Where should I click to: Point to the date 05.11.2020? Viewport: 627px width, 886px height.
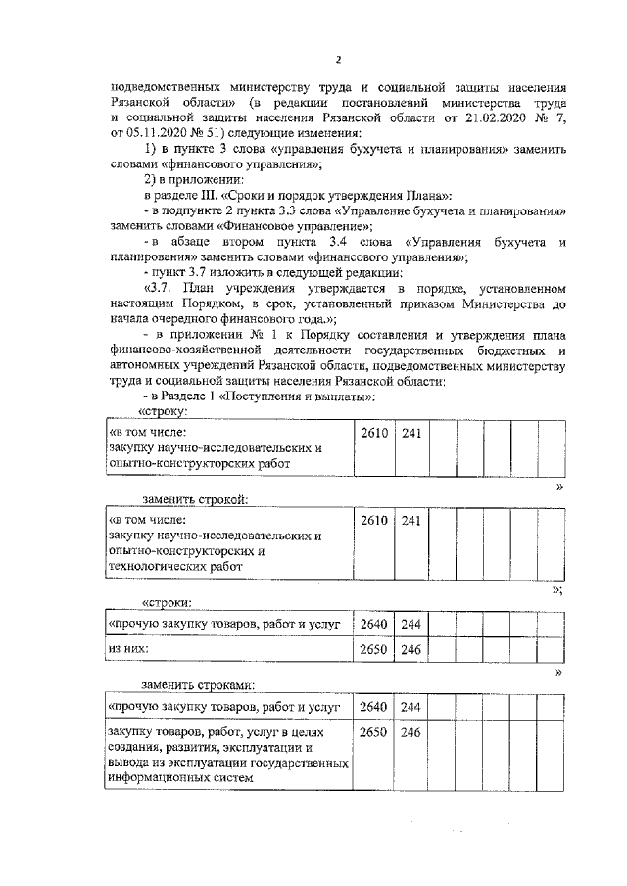[155, 132]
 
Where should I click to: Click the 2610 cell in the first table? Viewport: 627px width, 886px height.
[372, 433]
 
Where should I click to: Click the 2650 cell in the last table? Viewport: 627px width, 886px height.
[372, 732]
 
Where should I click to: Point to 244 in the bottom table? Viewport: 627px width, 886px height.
[410, 706]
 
